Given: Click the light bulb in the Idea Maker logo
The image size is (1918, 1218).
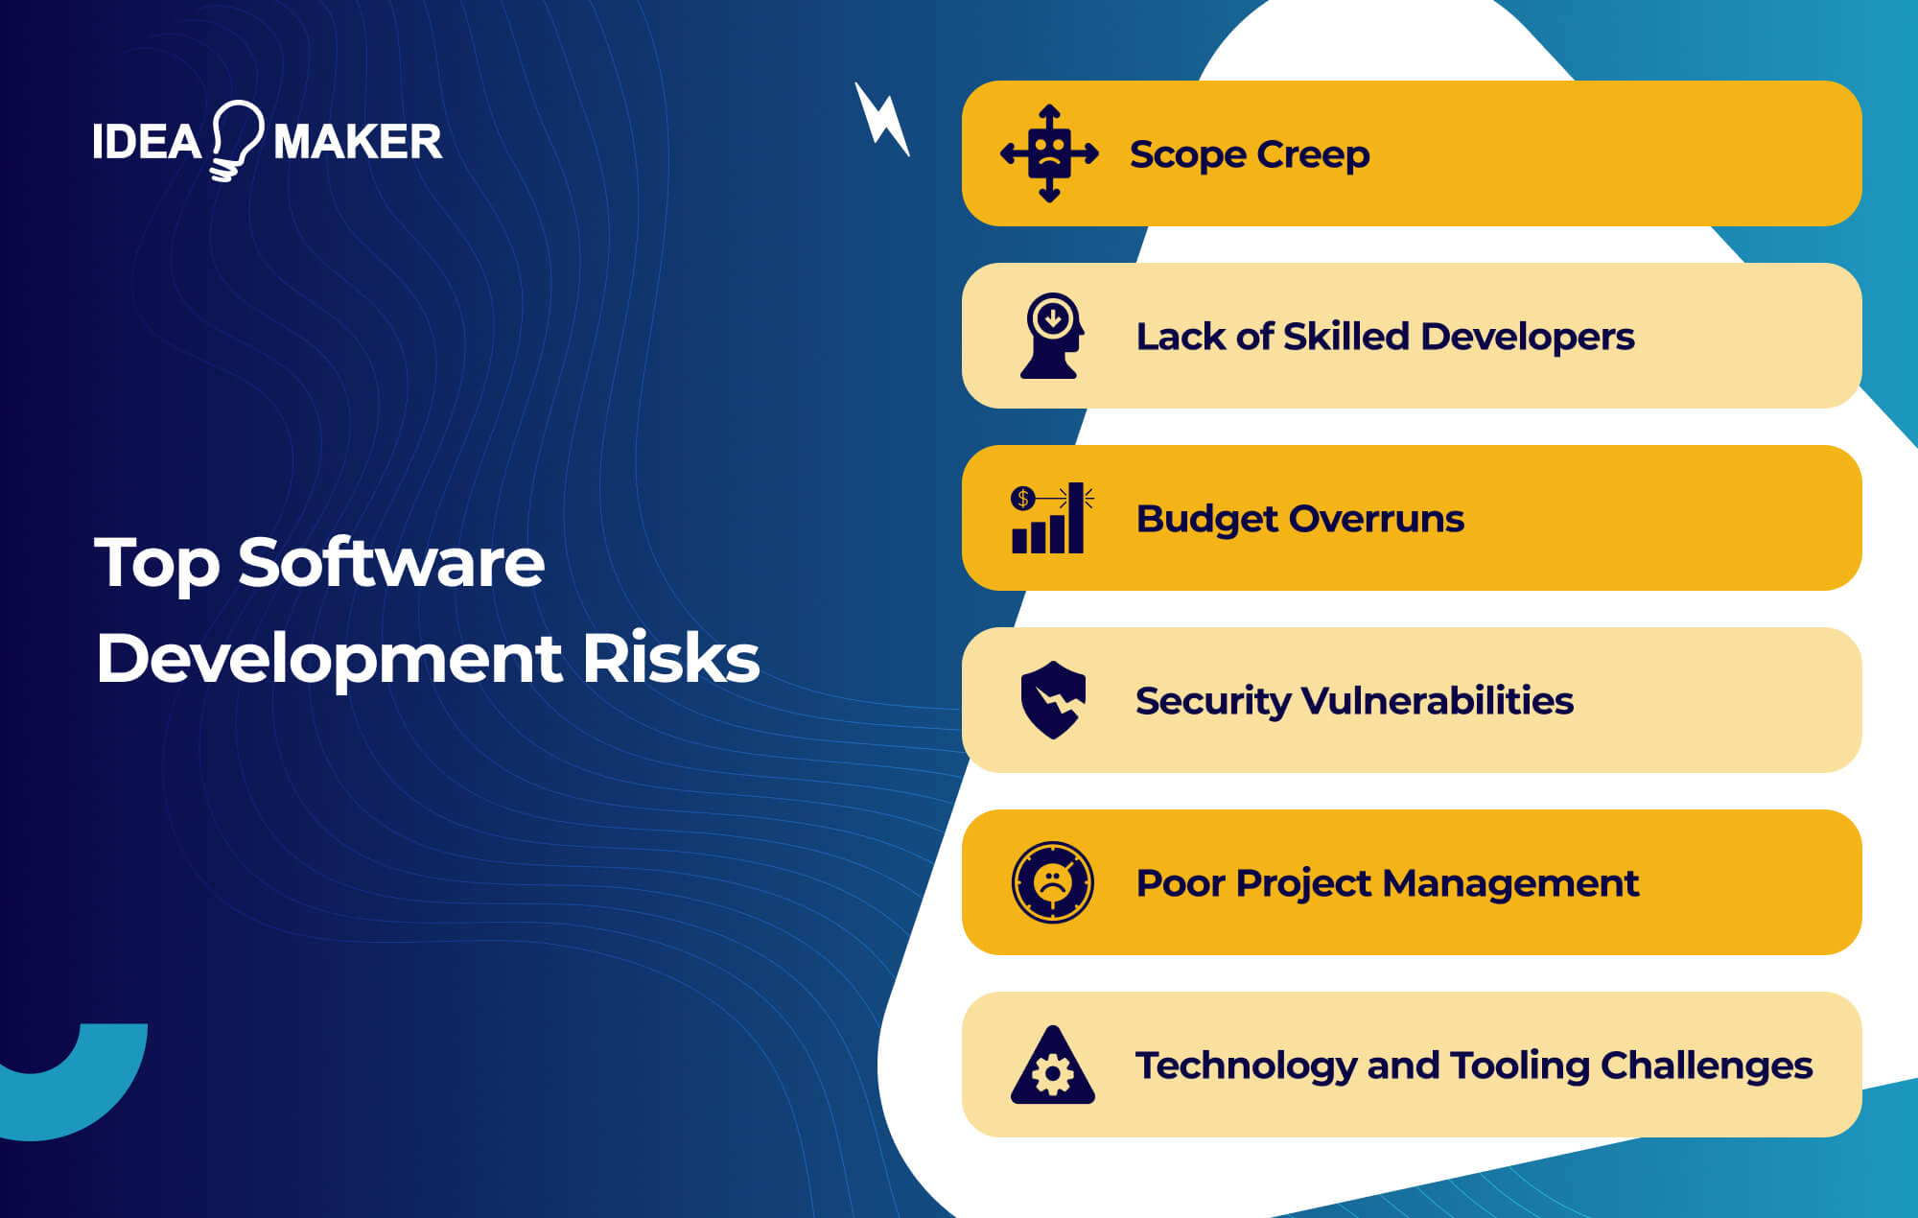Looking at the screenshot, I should point(236,139).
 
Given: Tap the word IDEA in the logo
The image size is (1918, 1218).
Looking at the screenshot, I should point(147,142).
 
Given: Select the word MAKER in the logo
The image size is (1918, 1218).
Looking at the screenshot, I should point(358,142).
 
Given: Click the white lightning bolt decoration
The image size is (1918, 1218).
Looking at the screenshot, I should point(882,120).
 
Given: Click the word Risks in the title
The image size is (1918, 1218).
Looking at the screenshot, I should point(670,659).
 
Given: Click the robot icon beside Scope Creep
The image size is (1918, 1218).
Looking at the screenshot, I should point(1049,153).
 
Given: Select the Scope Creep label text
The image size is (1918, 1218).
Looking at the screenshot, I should point(1250,154).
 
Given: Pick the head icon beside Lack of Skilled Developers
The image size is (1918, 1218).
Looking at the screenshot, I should point(1052,336).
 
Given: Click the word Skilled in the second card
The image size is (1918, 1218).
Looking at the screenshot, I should point(1345,337).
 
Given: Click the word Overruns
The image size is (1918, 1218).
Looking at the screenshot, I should point(1376,519).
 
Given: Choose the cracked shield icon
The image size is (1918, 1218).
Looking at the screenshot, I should point(1053,700).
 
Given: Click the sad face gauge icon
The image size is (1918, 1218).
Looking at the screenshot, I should point(1053,882).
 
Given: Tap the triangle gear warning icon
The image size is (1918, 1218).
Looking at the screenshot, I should point(1053,1066).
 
